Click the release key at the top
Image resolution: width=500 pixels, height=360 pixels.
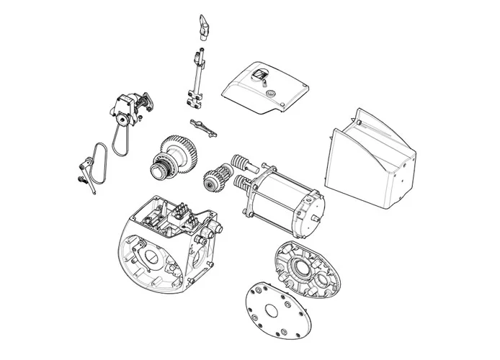point(203,27)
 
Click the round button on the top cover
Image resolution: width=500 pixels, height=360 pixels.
point(270,93)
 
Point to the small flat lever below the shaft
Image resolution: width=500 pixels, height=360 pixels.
point(203,127)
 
